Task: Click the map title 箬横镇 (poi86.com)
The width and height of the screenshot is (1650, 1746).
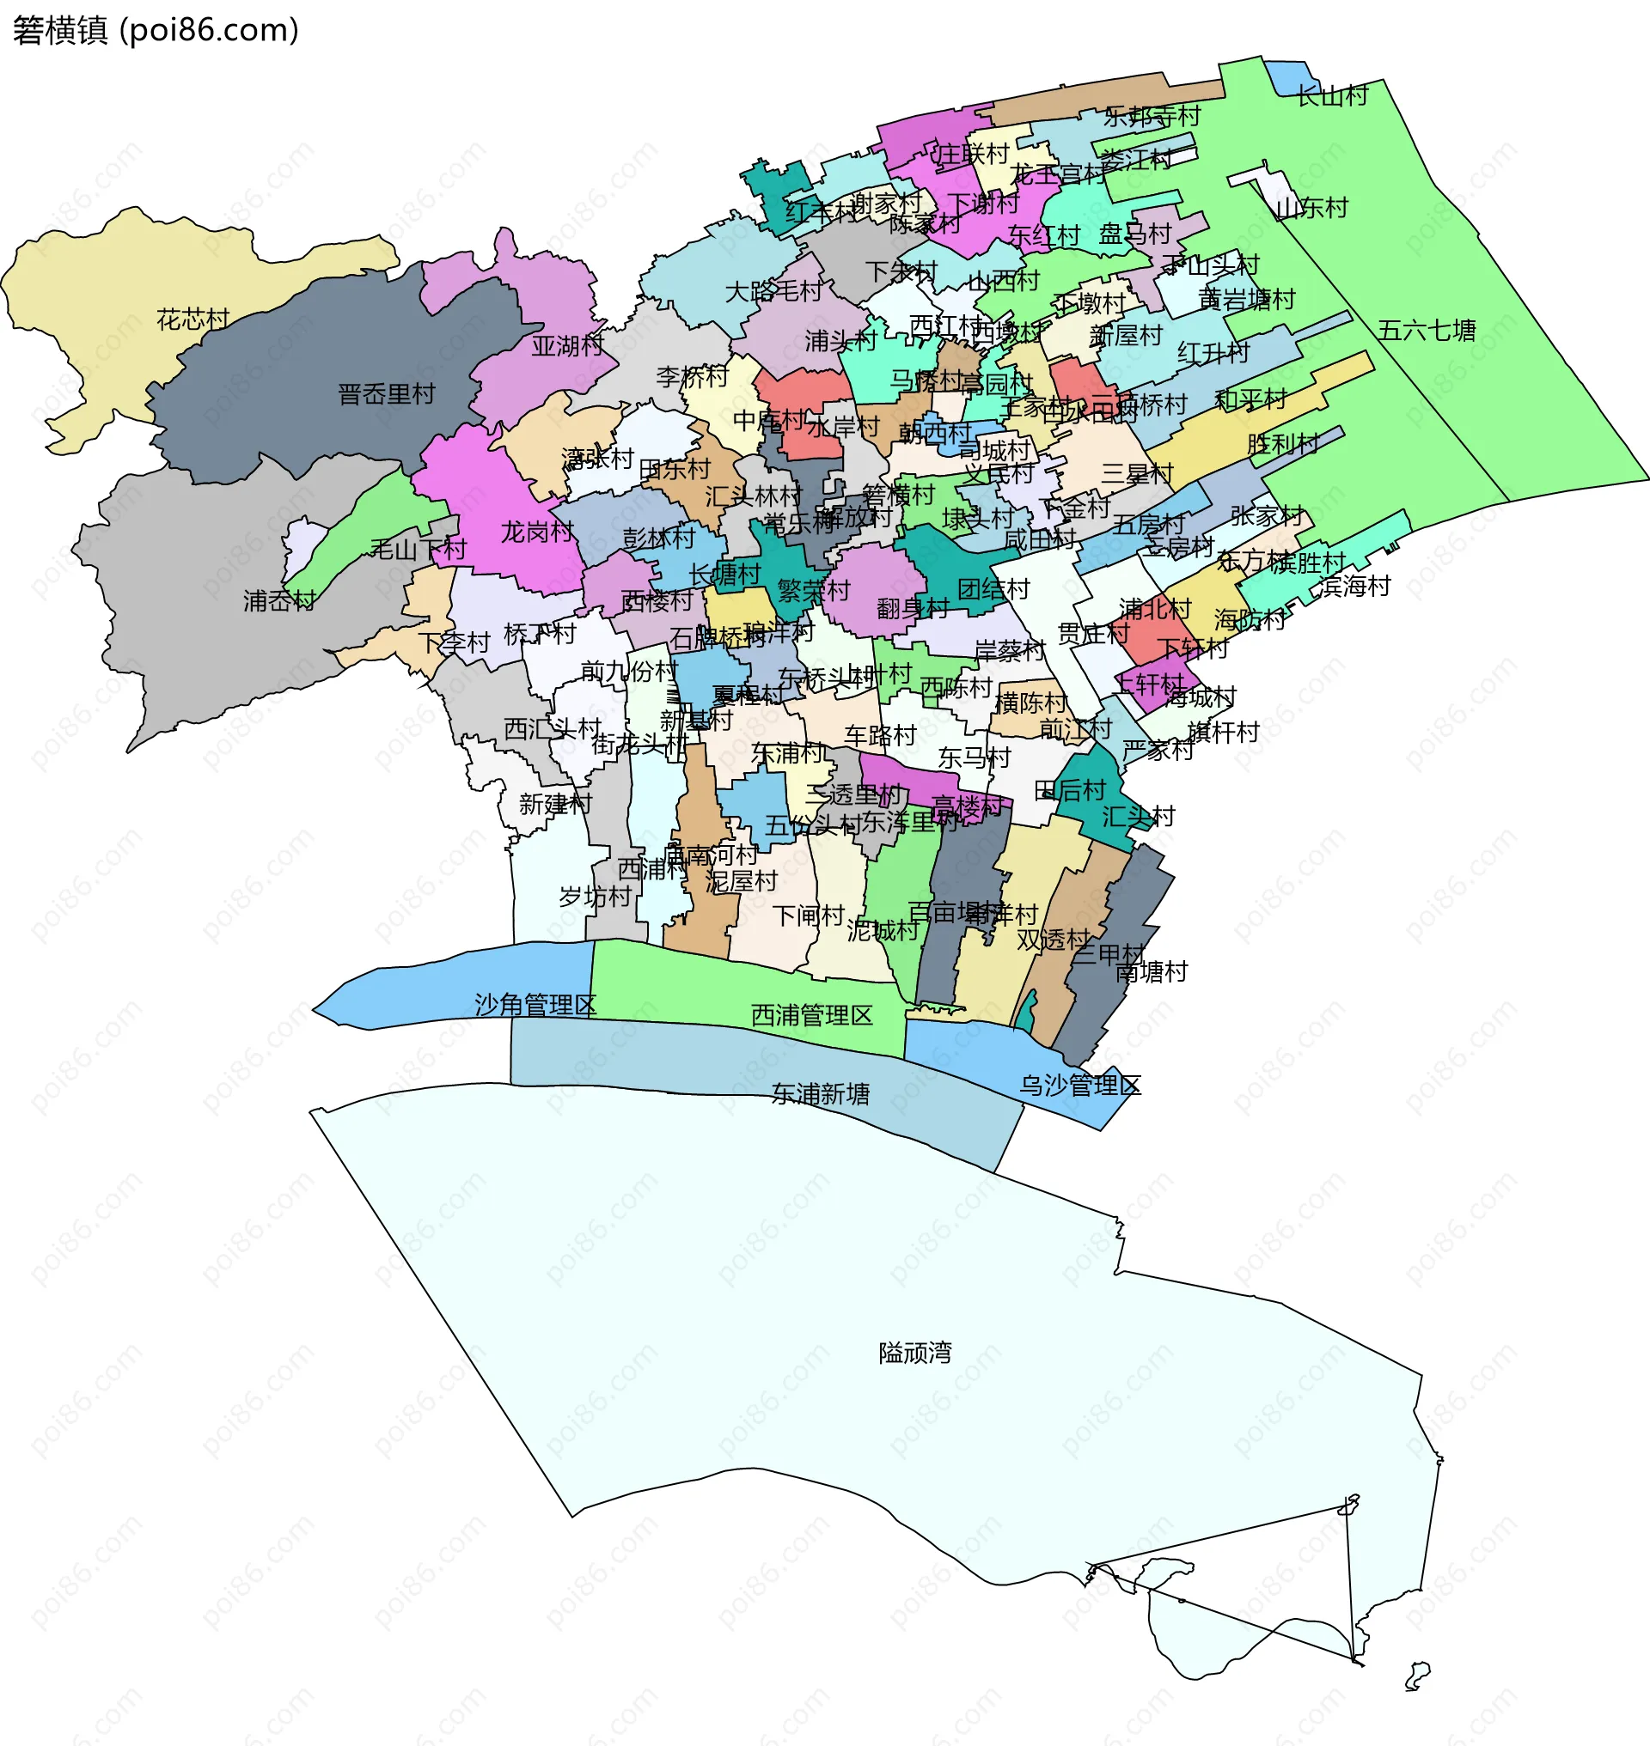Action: tap(156, 31)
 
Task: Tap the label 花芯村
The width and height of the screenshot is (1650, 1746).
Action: tap(192, 319)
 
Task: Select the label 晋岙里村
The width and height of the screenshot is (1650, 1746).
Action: tap(386, 394)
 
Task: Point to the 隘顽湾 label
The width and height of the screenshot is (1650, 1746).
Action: tap(914, 1353)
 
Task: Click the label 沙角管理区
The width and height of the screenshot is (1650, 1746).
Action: tap(535, 1004)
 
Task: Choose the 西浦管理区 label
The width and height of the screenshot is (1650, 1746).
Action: tap(811, 1015)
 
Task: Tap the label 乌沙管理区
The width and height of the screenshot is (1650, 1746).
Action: tap(1079, 1085)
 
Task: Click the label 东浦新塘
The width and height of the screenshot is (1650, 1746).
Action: tap(820, 1093)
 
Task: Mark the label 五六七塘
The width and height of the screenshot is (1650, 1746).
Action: tap(1426, 331)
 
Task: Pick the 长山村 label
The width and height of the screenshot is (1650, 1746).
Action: tap(1333, 96)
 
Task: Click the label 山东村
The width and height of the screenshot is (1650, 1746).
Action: tap(1311, 209)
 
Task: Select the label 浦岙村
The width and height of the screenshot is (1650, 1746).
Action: tap(279, 600)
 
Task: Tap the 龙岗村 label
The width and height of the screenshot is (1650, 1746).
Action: tap(536, 532)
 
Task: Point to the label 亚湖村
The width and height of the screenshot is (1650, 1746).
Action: tap(567, 345)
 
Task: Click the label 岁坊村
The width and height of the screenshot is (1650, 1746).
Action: tap(596, 897)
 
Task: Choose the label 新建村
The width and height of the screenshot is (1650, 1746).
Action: tap(555, 804)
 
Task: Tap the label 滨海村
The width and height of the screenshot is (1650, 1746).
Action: tap(1354, 586)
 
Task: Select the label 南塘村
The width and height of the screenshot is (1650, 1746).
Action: tap(1151, 971)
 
